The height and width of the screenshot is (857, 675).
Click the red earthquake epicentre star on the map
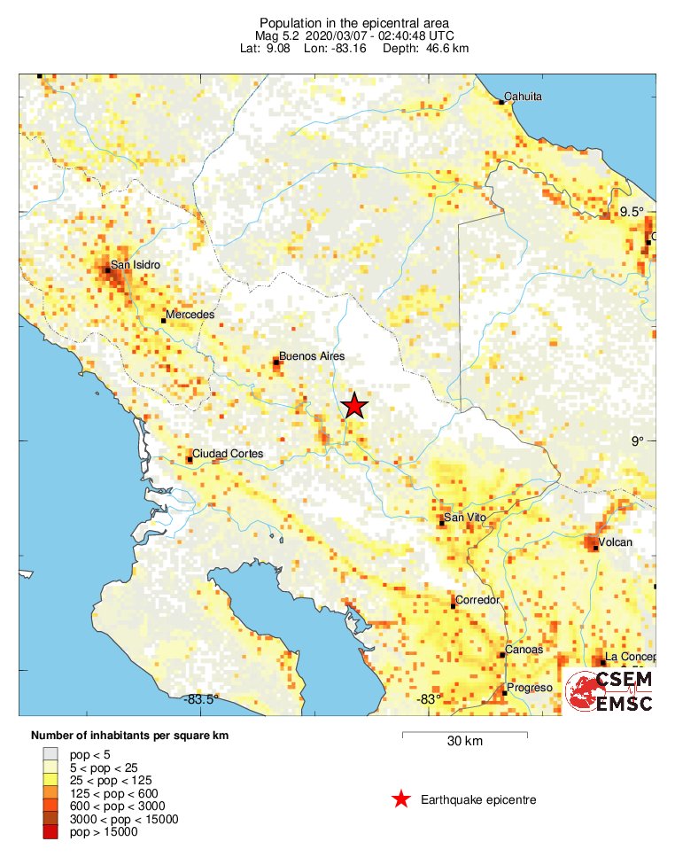[354, 406]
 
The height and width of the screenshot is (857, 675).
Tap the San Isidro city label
[135, 264]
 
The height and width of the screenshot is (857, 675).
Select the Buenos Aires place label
[311, 357]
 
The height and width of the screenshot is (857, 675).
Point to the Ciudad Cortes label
[229, 454]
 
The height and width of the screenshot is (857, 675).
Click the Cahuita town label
[523, 97]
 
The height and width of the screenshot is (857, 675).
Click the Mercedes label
[190, 316]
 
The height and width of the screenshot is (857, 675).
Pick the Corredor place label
[477, 601]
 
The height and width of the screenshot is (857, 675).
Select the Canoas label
[524, 651]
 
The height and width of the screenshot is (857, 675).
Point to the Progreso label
[529, 688]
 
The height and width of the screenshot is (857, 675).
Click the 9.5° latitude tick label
[632, 211]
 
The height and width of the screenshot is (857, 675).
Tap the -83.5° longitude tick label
[201, 700]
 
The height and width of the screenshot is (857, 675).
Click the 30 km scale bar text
[464, 742]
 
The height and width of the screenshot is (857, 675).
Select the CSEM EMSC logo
[609, 691]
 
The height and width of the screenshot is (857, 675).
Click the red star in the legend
[401, 799]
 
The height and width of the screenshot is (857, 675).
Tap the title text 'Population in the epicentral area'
[341, 22]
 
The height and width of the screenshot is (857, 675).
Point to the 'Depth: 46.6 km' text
[426, 48]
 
